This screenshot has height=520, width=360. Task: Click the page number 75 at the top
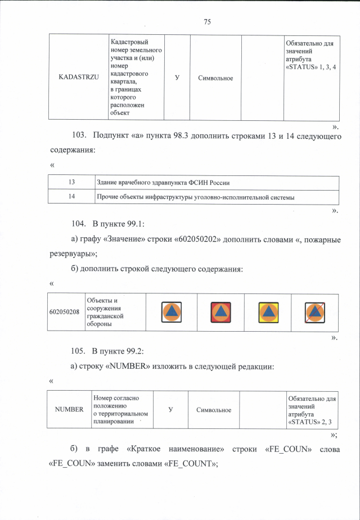tap(207, 22)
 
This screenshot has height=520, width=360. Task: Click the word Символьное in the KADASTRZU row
tap(215, 78)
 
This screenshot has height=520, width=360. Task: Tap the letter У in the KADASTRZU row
tap(177, 77)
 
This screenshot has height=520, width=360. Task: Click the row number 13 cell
tap(72, 183)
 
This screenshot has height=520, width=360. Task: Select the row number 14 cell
tap(72, 197)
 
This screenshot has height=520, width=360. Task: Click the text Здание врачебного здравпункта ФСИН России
tap(163, 183)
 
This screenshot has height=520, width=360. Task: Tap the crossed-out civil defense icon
tap(314, 312)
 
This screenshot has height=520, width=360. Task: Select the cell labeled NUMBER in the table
tap(69, 410)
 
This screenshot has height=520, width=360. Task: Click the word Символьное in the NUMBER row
tap(214, 410)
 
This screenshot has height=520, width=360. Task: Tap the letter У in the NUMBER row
tap(170, 410)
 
